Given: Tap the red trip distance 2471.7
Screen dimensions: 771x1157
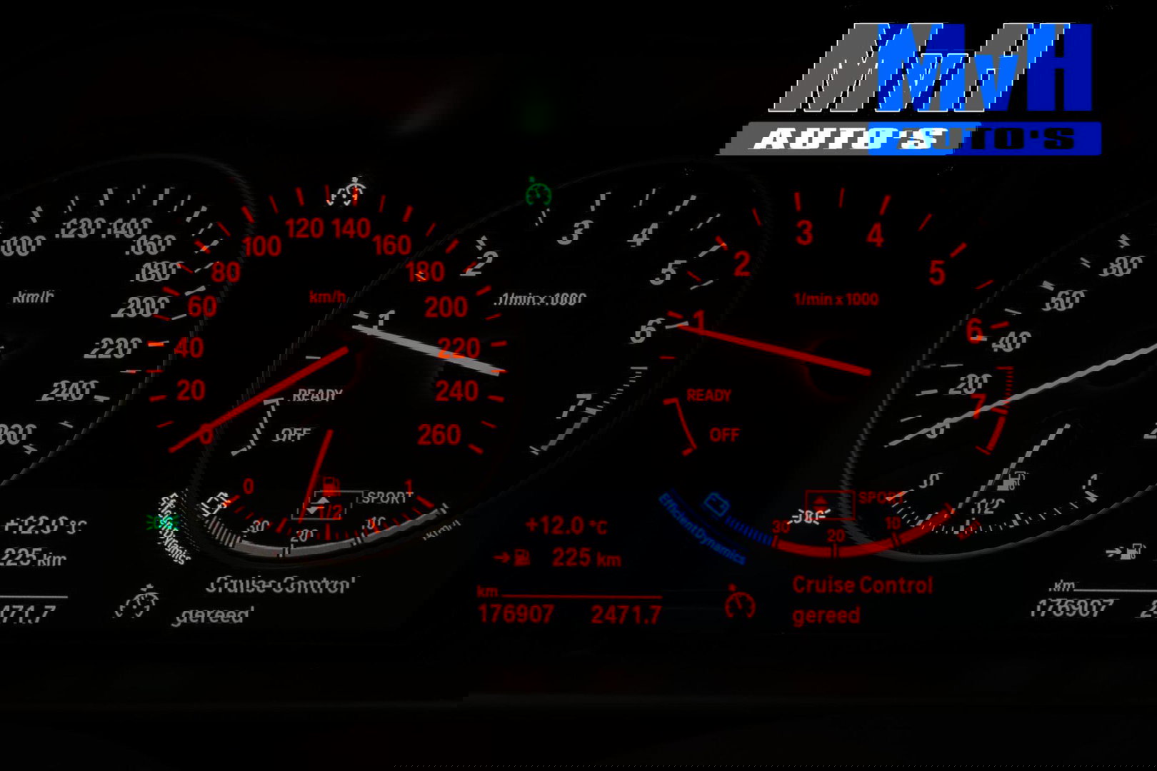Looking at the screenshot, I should coord(626,614).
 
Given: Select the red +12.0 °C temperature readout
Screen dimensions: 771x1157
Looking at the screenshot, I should coord(566,526).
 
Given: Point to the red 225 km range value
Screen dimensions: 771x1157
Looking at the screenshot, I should coord(586,558).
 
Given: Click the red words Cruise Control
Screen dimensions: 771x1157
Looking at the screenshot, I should coord(862,585).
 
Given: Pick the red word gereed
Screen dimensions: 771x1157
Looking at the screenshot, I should coord(826,615).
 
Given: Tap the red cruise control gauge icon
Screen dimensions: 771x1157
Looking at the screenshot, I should coord(740,603).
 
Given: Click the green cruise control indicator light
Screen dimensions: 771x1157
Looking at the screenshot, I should coord(539,193).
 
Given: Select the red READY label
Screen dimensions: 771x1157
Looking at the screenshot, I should coord(708,395).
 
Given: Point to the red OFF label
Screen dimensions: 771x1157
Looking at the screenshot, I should coord(724,435).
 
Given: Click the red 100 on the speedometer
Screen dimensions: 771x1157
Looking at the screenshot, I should coord(261,247).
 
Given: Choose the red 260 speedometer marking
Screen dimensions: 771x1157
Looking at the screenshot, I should coord(439,435).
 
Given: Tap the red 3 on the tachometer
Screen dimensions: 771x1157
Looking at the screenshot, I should coord(804,233).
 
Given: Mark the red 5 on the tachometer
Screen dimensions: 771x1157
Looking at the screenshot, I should coord(936,273).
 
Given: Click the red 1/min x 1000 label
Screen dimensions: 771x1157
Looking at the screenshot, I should coord(836,300).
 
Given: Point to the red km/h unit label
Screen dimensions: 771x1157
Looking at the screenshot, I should coord(328,297).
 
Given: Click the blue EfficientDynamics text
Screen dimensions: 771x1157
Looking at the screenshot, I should coord(701,529).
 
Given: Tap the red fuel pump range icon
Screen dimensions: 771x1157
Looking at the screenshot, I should coord(523,558).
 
